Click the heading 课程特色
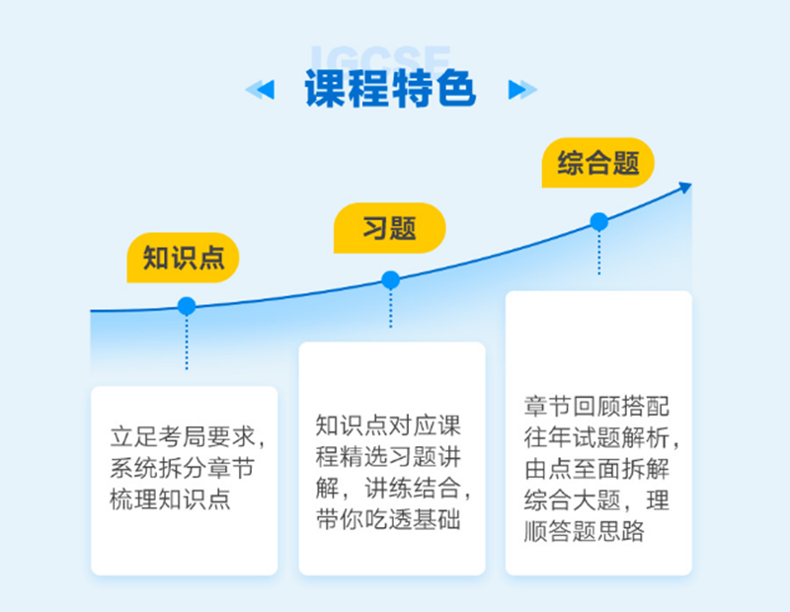click(x=391, y=90)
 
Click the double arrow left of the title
click(x=260, y=91)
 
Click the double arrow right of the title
click(x=522, y=91)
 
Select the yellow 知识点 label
click(x=184, y=258)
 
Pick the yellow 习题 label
click(x=389, y=228)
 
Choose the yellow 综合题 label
click(x=598, y=162)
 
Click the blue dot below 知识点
click(x=186, y=306)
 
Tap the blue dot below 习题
click(x=390, y=280)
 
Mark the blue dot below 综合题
click(x=598, y=221)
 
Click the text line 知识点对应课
click(x=389, y=426)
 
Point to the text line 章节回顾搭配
click(x=597, y=407)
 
